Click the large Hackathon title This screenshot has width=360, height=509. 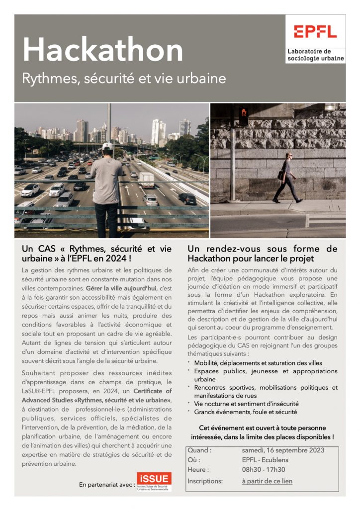click(x=103, y=51)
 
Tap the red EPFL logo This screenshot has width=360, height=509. click(x=315, y=32)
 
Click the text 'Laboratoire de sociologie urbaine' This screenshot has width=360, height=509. click(x=315, y=55)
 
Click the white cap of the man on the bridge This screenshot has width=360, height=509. click(x=107, y=147)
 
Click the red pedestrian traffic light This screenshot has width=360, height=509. click(x=244, y=116)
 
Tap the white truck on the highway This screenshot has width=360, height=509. click(x=146, y=179)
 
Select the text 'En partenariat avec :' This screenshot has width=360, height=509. click(x=107, y=485)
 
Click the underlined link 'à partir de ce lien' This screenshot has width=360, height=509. click(x=267, y=481)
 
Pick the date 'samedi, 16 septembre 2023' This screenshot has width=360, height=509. click(x=283, y=450)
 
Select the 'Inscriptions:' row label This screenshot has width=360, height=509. click(x=205, y=481)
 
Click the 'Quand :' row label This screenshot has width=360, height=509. click(x=199, y=450)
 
